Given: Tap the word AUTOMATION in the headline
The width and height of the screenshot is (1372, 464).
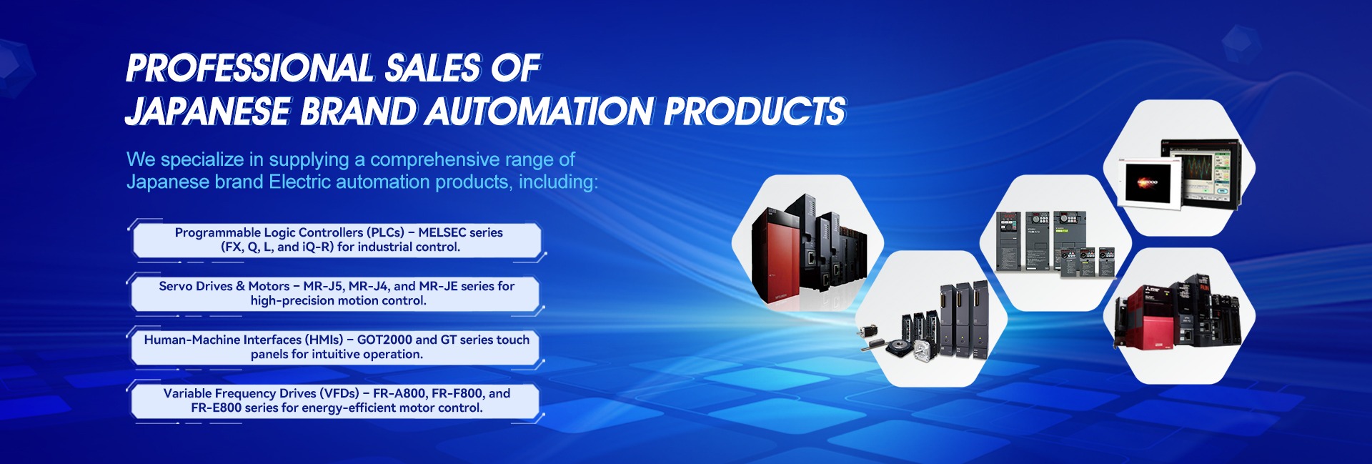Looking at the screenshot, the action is pos(540,112).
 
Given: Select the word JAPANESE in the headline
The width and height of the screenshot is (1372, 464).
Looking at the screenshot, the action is pos(208,112).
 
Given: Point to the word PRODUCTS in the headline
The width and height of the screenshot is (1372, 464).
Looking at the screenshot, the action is pos(755,112).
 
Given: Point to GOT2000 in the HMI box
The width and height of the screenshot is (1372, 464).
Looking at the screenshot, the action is pos(384,340).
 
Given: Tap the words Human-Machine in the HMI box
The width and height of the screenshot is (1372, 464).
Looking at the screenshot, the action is pos(192,340).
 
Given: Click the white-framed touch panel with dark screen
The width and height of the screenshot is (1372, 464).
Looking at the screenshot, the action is pos(1149,183).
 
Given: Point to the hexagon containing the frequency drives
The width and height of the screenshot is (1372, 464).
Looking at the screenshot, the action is pos(1055,243).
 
